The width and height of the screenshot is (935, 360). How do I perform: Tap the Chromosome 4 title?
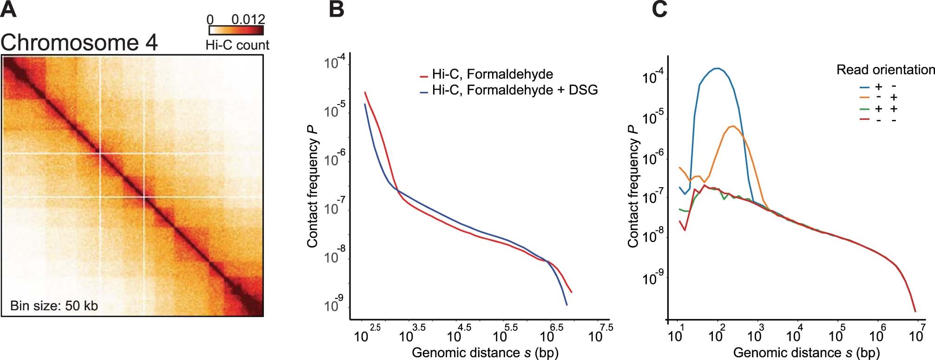coord(79,43)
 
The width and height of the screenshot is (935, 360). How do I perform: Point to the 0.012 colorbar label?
coord(248,19)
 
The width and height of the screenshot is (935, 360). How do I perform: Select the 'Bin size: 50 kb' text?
coord(54,306)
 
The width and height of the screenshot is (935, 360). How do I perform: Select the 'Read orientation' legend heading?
coord(885,70)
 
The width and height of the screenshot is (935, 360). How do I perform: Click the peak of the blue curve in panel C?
coord(718,69)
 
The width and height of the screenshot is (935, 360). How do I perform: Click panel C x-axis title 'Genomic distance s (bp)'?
coord(806,353)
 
